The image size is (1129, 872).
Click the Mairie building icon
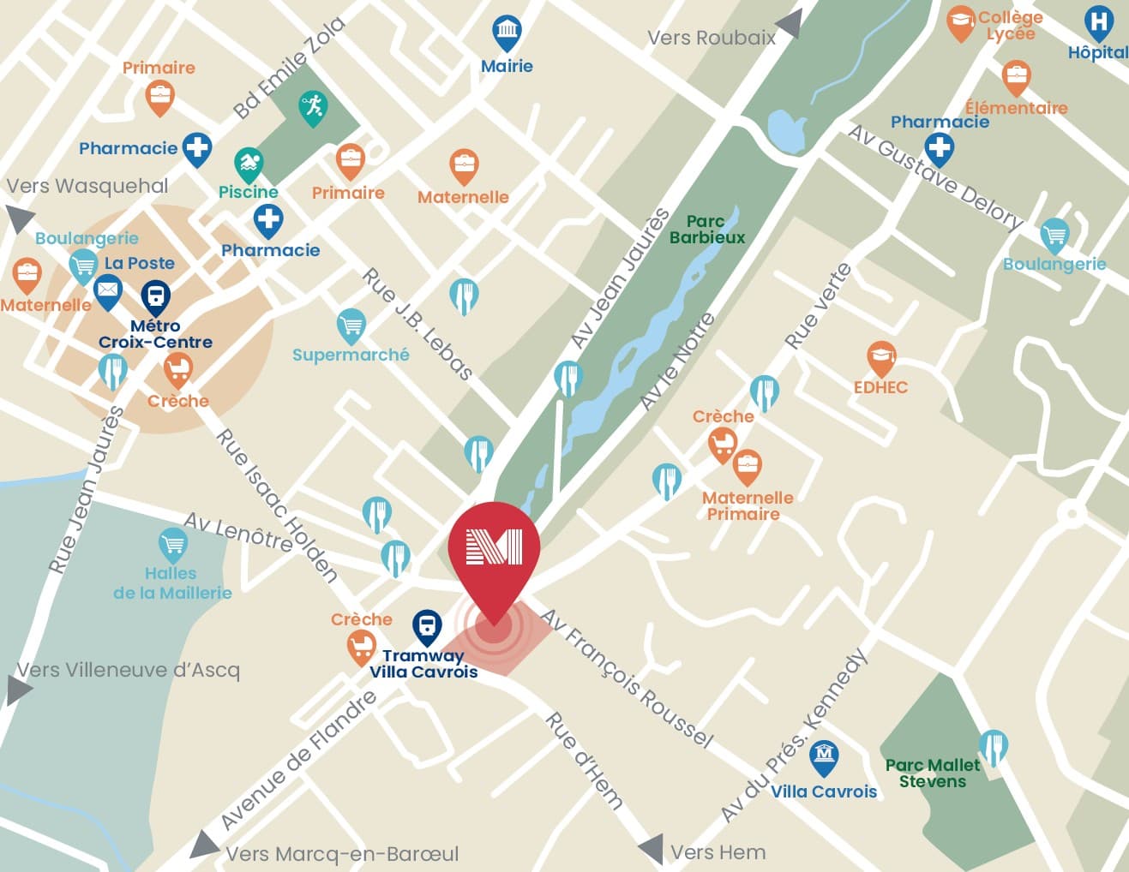[507, 32]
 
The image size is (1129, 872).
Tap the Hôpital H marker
[1098, 21]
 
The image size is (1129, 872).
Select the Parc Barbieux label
[706, 230]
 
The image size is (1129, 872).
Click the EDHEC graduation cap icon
[880, 356]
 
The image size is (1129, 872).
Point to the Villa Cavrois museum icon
[824, 756]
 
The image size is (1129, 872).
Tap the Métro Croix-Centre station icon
[155, 296]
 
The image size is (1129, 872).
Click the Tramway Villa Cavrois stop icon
[426, 625]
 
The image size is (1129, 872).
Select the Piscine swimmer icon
[249, 163]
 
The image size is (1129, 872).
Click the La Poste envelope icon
[107, 290]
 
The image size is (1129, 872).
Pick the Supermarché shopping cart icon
[351, 325]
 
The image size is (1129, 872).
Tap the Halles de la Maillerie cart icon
[173, 544]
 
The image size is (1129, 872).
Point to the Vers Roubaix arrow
[790, 24]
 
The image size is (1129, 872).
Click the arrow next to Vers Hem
[651, 848]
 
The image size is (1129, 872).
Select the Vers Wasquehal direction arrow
[18, 218]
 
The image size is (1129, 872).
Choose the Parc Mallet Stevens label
[932, 773]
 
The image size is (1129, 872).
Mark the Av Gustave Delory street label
[935, 176]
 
